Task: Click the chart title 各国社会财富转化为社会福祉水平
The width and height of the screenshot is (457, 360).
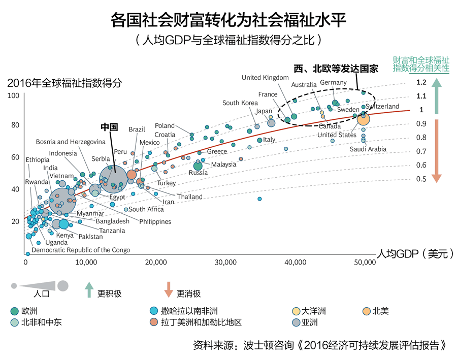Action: coord(228,20)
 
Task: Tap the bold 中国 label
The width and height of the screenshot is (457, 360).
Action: coord(109,126)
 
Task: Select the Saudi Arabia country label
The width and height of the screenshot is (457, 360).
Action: coord(368,149)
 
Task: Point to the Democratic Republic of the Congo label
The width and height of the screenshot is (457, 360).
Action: coord(81,250)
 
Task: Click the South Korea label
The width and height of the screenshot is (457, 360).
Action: coord(240,103)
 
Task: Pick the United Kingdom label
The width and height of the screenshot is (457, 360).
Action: coord(265,78)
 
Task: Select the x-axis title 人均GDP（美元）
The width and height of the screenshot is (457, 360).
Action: coord(414,254)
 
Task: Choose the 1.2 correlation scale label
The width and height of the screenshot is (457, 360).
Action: coord(421,82)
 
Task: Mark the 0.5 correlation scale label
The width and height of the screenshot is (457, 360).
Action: coord(421,179)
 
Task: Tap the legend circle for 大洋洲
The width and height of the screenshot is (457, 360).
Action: coord(295,311)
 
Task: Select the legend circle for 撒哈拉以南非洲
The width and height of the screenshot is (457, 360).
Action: coord(153,311)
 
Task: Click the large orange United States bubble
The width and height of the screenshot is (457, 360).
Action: coord(364,118)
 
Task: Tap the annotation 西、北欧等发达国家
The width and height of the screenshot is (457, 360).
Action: coord(337,69)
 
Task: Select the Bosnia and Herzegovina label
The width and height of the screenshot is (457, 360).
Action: coord(71,142)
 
